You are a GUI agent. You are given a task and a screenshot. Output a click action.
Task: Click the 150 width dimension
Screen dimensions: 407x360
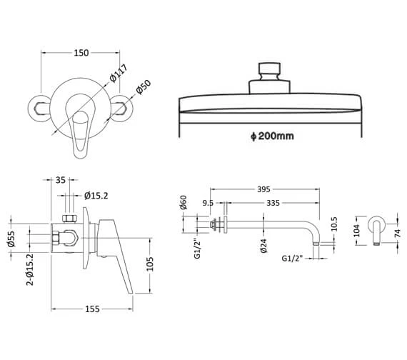coord(81,53)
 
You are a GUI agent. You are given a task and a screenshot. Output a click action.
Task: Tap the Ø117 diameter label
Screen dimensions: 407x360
coord(119,73)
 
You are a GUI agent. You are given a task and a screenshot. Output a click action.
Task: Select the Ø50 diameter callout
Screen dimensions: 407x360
coord(144,87)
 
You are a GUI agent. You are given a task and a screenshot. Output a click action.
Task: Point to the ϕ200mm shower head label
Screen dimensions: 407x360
coord(272,136)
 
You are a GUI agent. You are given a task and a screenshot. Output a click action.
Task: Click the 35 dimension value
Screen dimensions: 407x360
coord(61,180)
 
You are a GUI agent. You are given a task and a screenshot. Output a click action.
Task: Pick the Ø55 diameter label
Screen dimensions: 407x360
coord(11,239)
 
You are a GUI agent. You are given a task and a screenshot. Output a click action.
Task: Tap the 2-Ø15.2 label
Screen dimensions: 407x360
coord(30,269)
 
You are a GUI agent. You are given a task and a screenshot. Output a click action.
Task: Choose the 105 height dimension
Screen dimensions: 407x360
coord(150,264)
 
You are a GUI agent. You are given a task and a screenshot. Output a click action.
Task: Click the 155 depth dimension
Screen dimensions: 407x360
coord(92,309)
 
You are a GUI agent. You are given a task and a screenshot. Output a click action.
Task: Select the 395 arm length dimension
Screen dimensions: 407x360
coord(263,189)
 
